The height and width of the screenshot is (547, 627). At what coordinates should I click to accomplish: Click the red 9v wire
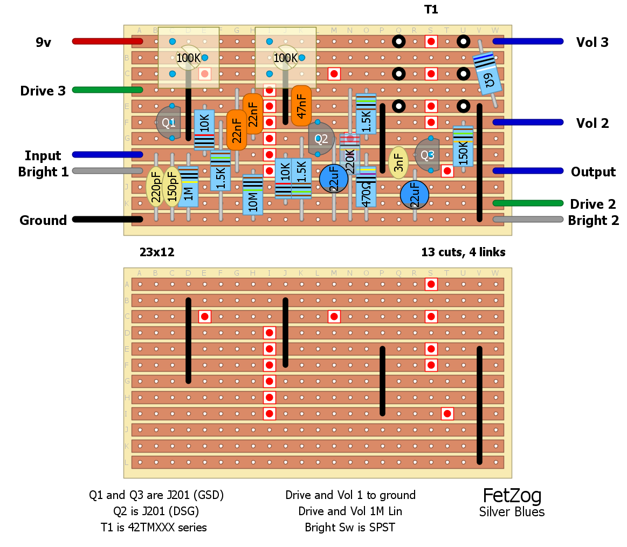point(107,41)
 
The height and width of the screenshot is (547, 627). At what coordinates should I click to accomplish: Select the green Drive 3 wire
point(107,90)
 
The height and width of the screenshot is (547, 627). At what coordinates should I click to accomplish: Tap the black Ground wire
point(107,219)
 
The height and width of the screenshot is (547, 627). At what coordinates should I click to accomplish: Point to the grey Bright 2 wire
point(528,219)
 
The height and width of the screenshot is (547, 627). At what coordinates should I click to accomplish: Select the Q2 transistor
point(321,139)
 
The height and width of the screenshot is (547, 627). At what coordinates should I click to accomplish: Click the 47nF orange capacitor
point(301,105)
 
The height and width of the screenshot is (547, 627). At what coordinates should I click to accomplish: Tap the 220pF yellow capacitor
point(156,187)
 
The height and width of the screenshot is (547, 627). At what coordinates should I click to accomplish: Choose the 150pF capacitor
point(172,187)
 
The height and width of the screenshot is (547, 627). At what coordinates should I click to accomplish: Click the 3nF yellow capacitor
point(398,162)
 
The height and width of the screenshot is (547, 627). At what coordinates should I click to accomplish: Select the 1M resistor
point(188,187)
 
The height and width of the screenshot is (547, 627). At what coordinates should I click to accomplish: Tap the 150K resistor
point(463,146)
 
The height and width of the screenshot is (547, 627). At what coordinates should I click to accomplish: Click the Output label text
point(593,172)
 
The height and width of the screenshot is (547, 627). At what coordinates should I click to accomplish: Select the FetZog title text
point(512,495)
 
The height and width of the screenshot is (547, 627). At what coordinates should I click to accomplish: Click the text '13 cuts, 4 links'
point(463,252)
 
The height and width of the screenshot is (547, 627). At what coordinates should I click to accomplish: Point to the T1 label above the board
point(431,10)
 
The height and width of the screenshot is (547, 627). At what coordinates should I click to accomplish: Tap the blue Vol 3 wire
point(528,41)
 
